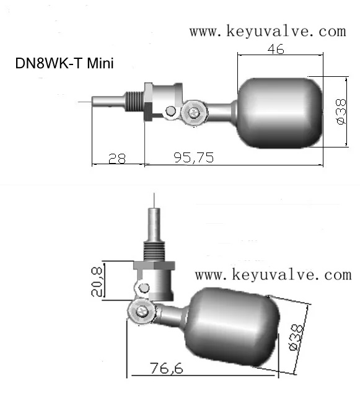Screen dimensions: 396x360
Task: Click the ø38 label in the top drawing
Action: tap(340, 112)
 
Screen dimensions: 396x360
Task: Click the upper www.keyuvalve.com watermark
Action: tap(267, 31)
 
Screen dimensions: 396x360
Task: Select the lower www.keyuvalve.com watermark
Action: tap(273, 274)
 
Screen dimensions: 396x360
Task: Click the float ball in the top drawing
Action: tap(280, 112)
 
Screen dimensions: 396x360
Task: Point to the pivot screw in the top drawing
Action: tap(195, 112)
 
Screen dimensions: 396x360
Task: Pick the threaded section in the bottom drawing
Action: tap(154, 251)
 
